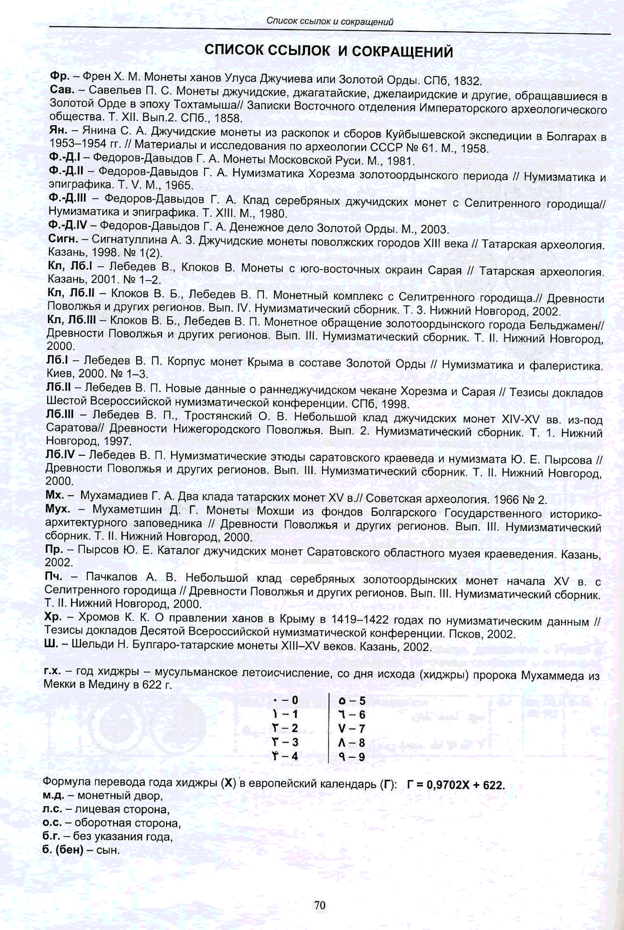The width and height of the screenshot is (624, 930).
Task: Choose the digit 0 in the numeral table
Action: pyautogui.click(x=295, y=700)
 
